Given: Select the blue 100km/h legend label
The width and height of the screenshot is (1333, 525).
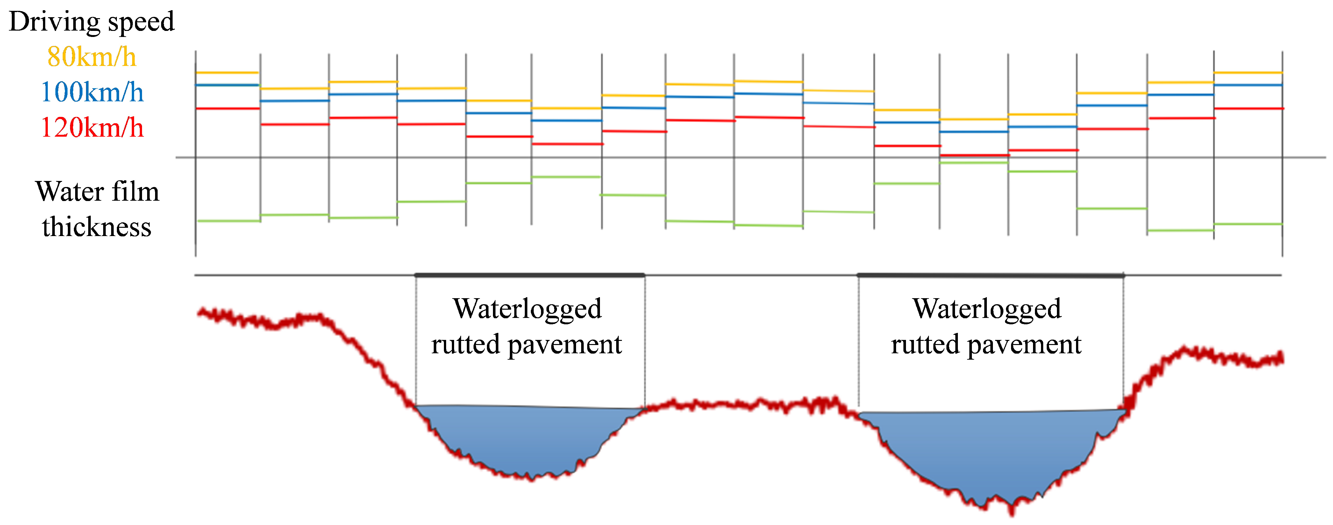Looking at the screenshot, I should pyautogui.click(x=92, y=92).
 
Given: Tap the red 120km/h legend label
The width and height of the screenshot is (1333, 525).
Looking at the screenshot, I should pyautogui.click(x=92, y=127).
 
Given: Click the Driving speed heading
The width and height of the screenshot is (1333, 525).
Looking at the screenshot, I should pyautogui.click(x=92, y=22).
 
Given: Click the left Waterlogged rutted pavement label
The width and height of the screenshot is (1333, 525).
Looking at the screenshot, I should pyautogui.click(x=527, y=326).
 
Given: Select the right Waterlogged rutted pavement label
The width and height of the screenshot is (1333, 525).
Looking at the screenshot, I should pyautogui.click(x=986, y=326).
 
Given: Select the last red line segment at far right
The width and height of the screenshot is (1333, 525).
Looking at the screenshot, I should pyautogui.click(x=1248, y=108).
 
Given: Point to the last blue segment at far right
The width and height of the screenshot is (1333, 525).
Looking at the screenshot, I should pyautogui.click(x=1248, y=85).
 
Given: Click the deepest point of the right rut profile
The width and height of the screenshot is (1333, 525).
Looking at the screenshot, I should pyautogui.click(x=1012, y=510).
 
